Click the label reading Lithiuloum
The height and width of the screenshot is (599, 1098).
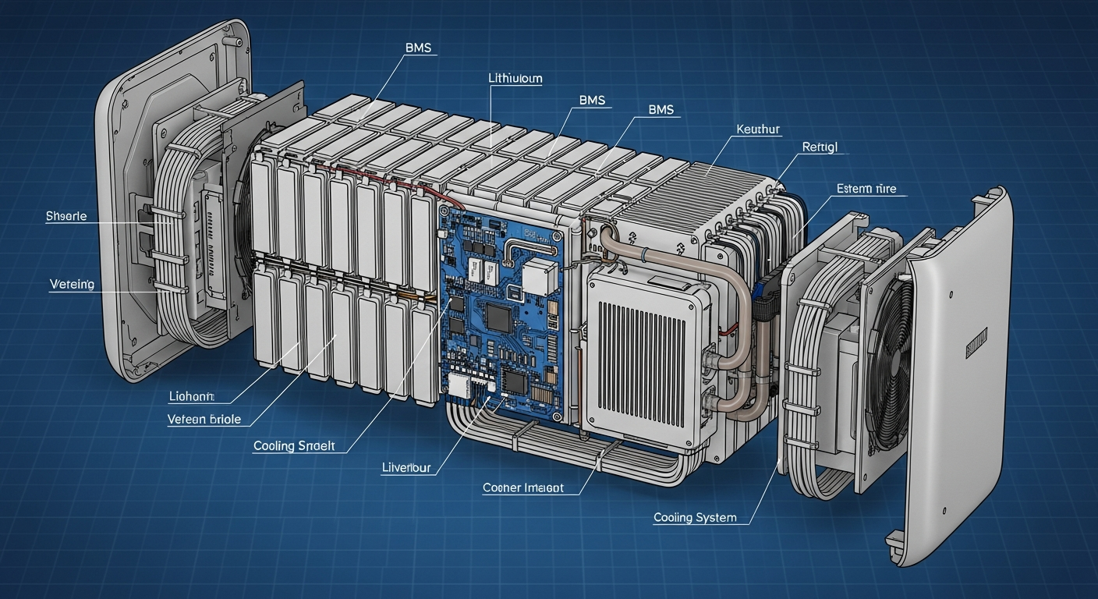[515, 79]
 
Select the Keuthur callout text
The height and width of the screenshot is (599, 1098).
[757, 129]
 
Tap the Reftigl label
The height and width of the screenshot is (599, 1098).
[819, 147]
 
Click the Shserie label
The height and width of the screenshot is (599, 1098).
[66, 216]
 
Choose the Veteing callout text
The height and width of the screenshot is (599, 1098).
[72, 285]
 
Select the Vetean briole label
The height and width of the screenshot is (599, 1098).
[204, 420]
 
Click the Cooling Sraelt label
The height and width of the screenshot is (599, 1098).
[294, 446]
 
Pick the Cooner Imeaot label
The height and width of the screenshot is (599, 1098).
[522, 487]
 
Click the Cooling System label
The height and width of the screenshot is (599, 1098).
[694, 518]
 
